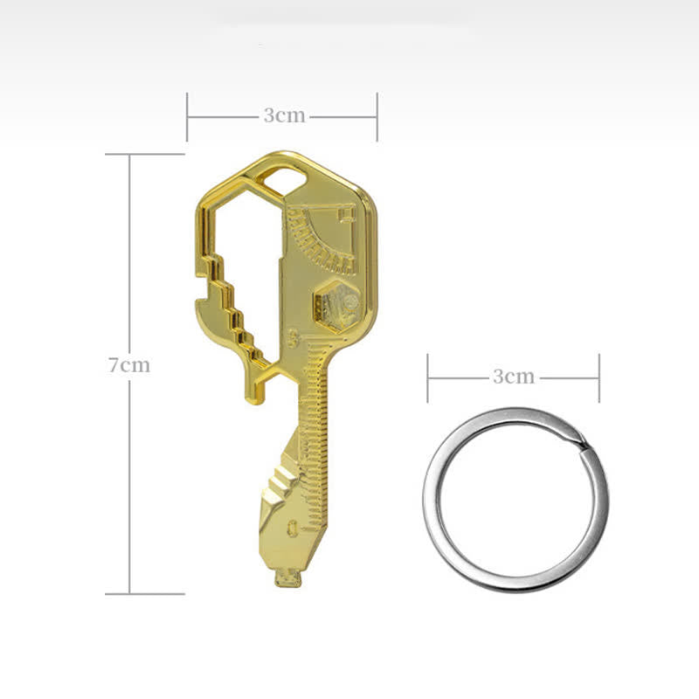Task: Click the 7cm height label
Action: pyautogui.click(x=129, y=365)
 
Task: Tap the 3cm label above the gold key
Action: pyautogui.click(x=284, y=115)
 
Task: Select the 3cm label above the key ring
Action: pyautogui.click(x=513, y=377)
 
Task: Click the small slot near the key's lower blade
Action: pyautogui.click(x=292, y=526)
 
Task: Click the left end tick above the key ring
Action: pyautogui.click(x=427, y=377)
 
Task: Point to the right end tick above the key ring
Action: pyautogui.click(x=599, y=377)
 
